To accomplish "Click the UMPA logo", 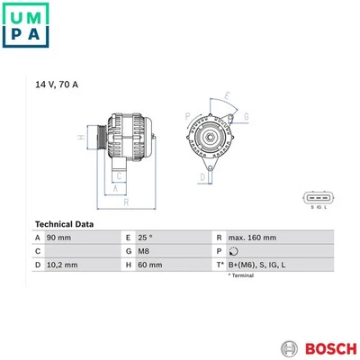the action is click(25, 25).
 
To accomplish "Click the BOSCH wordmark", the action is click(331, 349).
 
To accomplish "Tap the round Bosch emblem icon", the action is click(289, 349).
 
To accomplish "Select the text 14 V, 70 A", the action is click(57, 85).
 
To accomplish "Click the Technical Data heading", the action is click(64, 224).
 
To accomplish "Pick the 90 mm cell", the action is click(58, 238).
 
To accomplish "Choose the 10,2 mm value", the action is click(62, 265).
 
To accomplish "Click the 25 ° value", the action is click(145, 238).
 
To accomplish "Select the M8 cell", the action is click(143, 251).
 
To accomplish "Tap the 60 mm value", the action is click(150, 265).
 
